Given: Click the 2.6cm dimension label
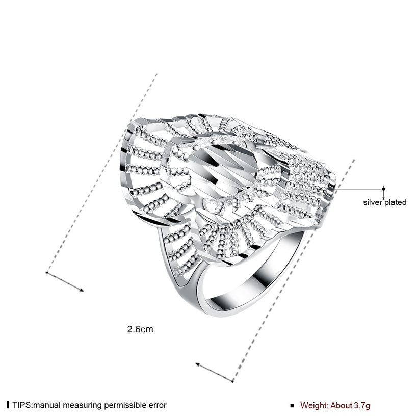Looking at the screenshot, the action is [x=140, y=329].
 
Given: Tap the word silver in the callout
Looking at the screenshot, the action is [x=373, y=202].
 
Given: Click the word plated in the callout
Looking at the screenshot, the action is [x=396, y=202].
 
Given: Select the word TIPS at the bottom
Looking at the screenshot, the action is [x=22, y=405].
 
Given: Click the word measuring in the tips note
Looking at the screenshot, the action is [x=83, y=405].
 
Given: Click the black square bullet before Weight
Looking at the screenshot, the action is [x=292, y=406].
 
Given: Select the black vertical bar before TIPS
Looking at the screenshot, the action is [x=8, y=405].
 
